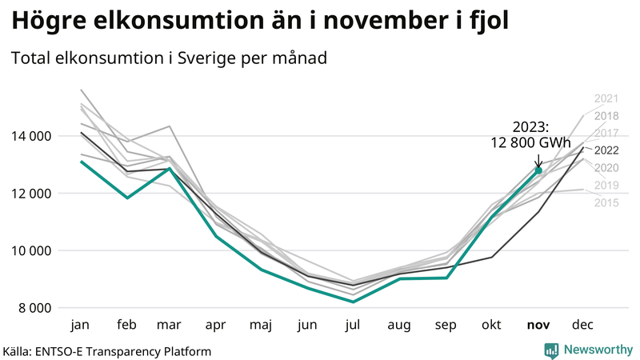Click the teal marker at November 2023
click(x=538, y=170)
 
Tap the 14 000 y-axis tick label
click(x=32, y=136)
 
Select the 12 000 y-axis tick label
click(x=32, y=194)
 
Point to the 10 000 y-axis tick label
click(x=32, y=250)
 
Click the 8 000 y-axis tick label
click(x=35, y=308)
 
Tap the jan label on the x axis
click(x=80, y=326)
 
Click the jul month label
click(x=353, y=326)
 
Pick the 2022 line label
click(x=606, y=150)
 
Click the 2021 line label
click(x=606, y=98)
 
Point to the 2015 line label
click(x=606, y=202)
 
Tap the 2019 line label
click(x=606, y=185)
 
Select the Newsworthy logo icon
click(x=551, y=350)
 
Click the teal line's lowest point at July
click(x=353, y=302)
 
